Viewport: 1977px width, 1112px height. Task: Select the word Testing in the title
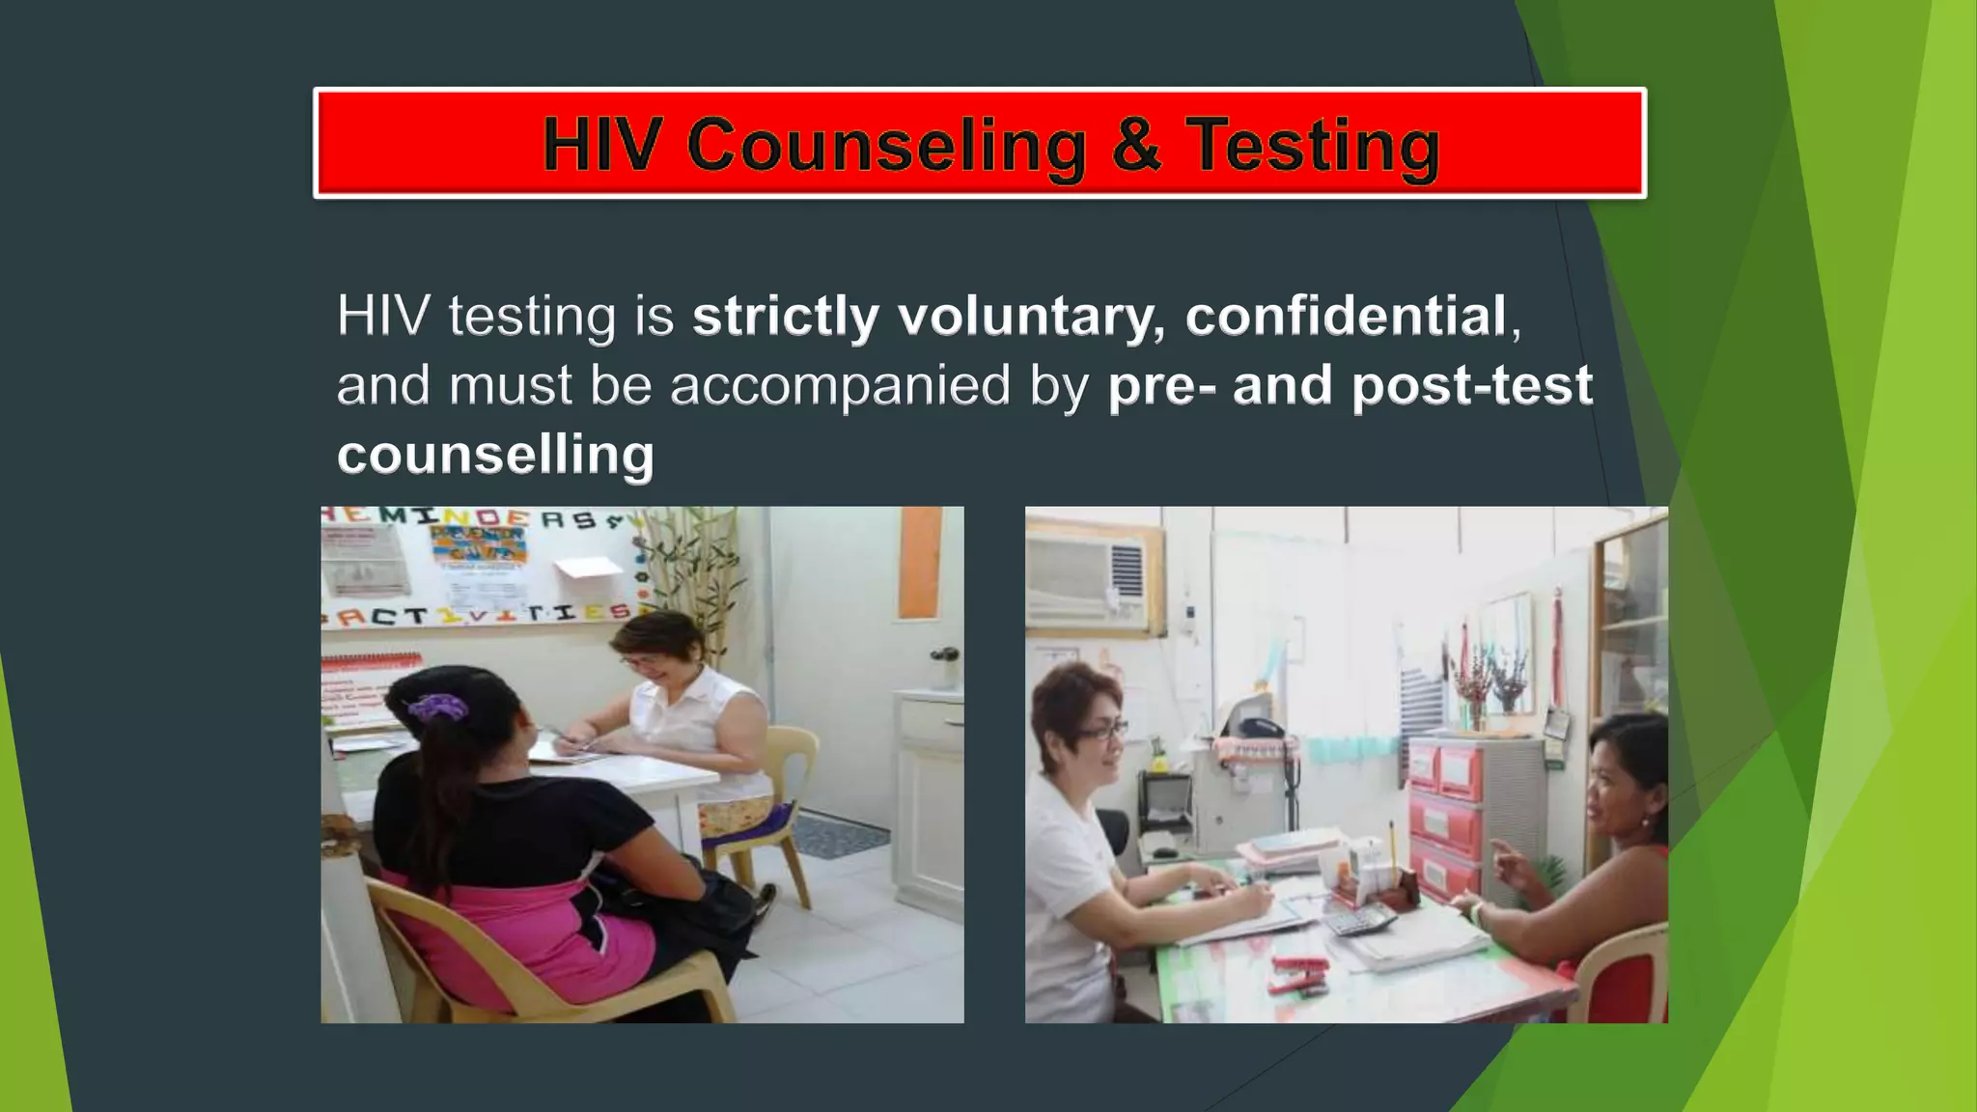[1313, 147]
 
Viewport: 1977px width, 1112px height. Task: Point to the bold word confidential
[1346, 316]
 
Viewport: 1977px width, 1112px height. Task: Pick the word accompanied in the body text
[839, 385]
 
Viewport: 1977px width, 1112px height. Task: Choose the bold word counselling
[495, 454]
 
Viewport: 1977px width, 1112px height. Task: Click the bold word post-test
[1471, 385]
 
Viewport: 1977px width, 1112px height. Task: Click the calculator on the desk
[1357, 921]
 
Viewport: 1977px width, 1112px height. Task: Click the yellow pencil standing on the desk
[1392, 846]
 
